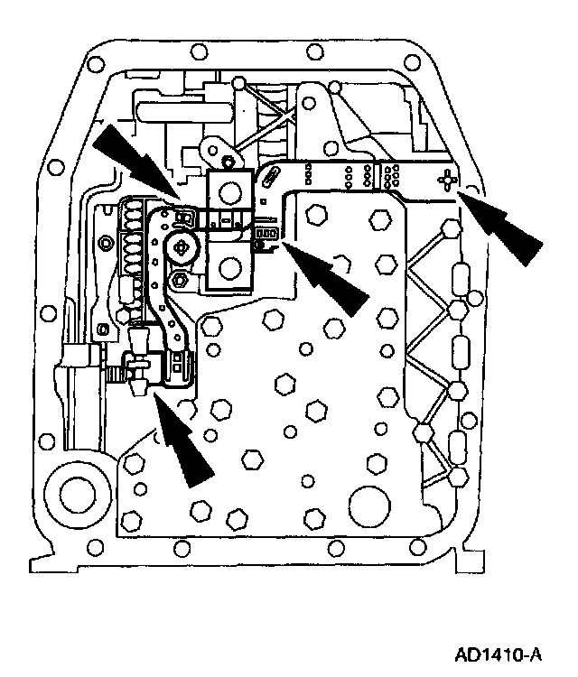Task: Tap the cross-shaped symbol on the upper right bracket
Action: tap(447, 181)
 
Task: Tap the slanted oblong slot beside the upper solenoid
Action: tap(269, 186)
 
